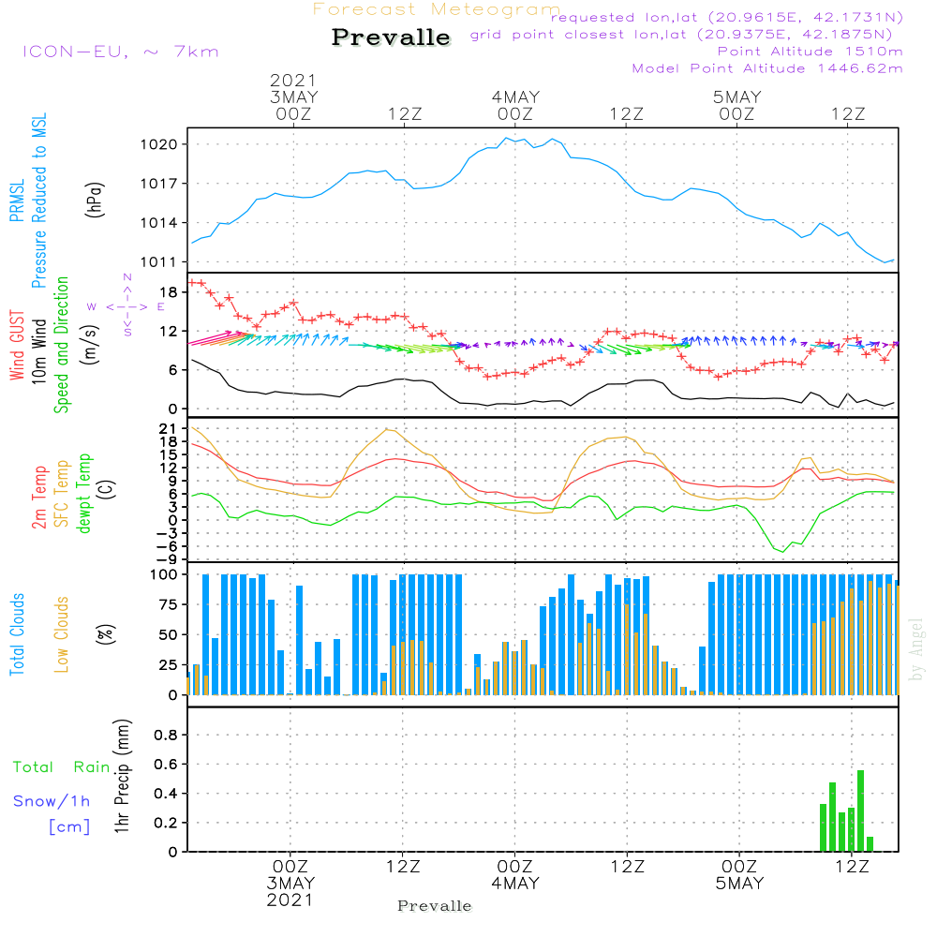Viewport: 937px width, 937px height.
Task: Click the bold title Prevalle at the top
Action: (x=391, y=38)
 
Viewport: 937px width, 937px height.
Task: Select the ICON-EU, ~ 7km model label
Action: (x=120, y=52)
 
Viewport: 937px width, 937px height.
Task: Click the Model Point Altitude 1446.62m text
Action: (x=767, y=68)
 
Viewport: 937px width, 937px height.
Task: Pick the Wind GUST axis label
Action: (x=17, y=348)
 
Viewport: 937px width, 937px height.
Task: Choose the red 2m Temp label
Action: (x=39, y=497)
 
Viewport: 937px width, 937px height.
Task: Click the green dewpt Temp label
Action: (x=83, y=494)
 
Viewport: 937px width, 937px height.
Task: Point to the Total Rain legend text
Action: (x=61, y=767)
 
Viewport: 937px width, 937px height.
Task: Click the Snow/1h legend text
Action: (x=52, y=801)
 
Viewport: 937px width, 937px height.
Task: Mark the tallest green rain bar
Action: (x=860, y=811)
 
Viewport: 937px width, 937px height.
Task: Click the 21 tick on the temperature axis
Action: (x=171, y=428)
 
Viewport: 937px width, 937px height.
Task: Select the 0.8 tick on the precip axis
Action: (x=165, y=736)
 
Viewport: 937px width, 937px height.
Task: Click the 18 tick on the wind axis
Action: (x=171, y=291)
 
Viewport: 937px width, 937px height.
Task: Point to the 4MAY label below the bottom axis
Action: (x=514, y=884)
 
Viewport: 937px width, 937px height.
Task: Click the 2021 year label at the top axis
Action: (x=293, y=81)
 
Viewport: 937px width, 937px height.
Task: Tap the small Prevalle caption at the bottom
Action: (x=435, y=906)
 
